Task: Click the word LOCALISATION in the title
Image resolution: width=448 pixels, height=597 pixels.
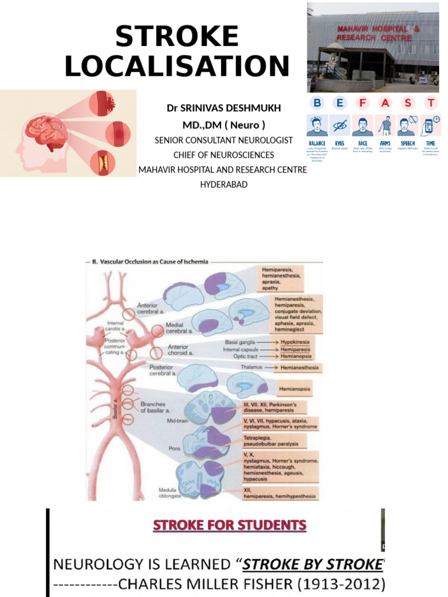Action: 177,66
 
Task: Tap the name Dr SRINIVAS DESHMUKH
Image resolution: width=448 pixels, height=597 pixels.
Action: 223,108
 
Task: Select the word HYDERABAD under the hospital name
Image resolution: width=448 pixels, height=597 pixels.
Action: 223,184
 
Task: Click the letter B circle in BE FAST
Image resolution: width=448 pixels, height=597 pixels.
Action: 317,103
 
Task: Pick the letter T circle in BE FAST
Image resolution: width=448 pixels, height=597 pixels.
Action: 430,103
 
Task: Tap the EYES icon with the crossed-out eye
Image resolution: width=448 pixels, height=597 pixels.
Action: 339,125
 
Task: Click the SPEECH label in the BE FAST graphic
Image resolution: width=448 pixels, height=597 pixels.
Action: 408,143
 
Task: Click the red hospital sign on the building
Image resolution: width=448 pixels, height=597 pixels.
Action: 373,33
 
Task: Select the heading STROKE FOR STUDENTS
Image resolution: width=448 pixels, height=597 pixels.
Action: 229,525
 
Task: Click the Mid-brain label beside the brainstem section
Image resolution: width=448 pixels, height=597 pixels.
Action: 177,419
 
